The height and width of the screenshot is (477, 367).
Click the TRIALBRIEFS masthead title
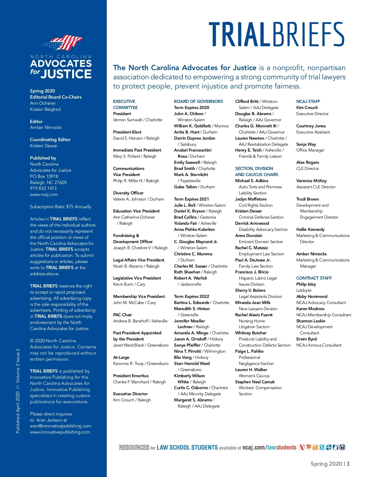(x=276, y=34)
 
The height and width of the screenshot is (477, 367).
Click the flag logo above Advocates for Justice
(x=63, y=43)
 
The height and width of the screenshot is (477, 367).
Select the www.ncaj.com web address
(x=44, y=194)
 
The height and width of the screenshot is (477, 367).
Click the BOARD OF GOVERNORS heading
(x=198, y=101)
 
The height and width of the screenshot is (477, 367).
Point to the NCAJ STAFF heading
(x=308, y=101)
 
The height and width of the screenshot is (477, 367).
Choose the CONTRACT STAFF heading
(x=314, y=278)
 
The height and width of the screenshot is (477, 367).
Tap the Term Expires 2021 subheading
(x=191, y=199)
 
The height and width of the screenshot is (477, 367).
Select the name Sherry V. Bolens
(x=250, y=290)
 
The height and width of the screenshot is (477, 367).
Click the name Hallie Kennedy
(x=310, y=229)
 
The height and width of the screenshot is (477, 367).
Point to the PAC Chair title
(x=122, y=315)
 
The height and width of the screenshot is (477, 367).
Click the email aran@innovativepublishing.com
(x=61, y=426)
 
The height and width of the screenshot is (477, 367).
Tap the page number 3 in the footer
(x=348, y=464)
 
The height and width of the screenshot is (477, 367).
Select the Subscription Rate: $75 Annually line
(x=61, y=207)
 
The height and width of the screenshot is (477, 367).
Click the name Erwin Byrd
(x=306, y=339)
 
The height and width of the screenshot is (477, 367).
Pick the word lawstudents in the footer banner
(x=282, y=448)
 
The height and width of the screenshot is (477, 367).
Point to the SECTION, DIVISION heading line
(x=254, y=168)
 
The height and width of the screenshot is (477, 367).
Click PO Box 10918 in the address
(x=44, y=176)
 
